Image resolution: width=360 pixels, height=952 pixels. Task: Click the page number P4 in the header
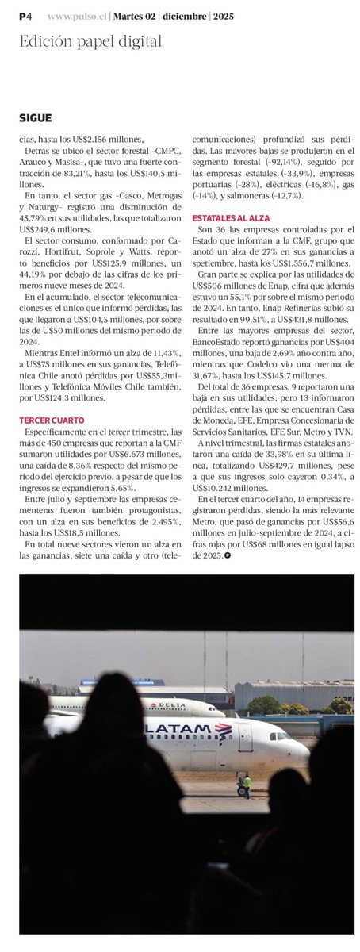pos(26,15)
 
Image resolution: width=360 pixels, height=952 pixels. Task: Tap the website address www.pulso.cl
pos(77,16)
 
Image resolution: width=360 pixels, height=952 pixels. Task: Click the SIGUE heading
pos(36,118)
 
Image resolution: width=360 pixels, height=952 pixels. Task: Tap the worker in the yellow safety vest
pos(247,785)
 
